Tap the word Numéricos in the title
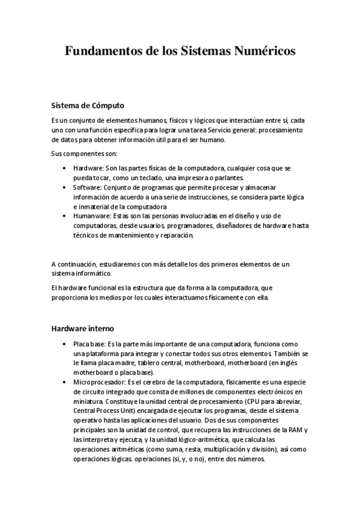[x=267, y=52]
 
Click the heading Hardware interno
[x=81, y=329]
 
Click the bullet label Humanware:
[x=93, y=215]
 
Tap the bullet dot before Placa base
[x=64, y=345]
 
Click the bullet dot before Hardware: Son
[x=64, y=169]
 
